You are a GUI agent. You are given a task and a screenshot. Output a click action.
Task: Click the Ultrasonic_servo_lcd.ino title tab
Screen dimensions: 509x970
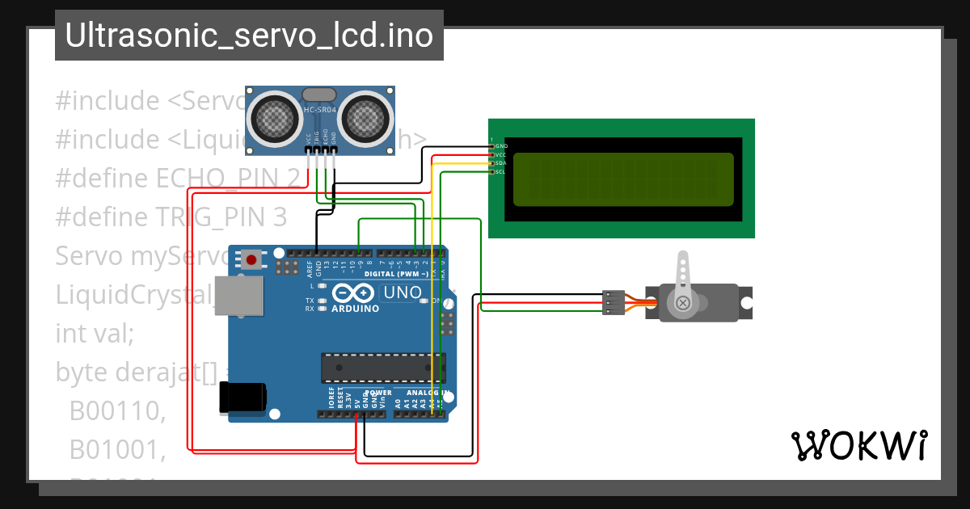pyautogui.click(x=249, y=36)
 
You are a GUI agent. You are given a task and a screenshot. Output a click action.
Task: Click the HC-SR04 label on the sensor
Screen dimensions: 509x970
pyautogui.click(x=321, y=111)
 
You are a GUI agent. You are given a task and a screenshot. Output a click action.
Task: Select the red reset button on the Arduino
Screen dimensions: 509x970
pyautogui.click(x=251, y=260)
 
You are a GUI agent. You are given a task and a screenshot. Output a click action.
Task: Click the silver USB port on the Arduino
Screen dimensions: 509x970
pyautogui.click(x=239, y=297)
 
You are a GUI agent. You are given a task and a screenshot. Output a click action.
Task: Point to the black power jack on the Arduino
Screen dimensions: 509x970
pyautogui.click(x=243, y=398)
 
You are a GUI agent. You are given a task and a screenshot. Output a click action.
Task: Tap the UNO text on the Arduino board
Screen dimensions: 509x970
pyautogui.click(x=402, y=292)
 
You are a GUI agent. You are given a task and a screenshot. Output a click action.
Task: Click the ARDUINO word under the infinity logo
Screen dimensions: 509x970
pyautogui.click(x=355, y=309)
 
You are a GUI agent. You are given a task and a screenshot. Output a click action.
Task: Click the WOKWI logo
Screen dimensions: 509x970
pyautogui.click(x=858, y=445)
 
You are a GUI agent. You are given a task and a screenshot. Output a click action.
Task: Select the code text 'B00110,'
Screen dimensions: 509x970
pyautogui.click(x=117, y=411)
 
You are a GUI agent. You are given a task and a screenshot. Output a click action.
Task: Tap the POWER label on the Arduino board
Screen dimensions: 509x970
pyautogui.click(x=378, y=393)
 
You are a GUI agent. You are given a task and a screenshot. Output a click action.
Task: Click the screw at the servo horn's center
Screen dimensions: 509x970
pyautogui.click(x=684, y=303)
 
